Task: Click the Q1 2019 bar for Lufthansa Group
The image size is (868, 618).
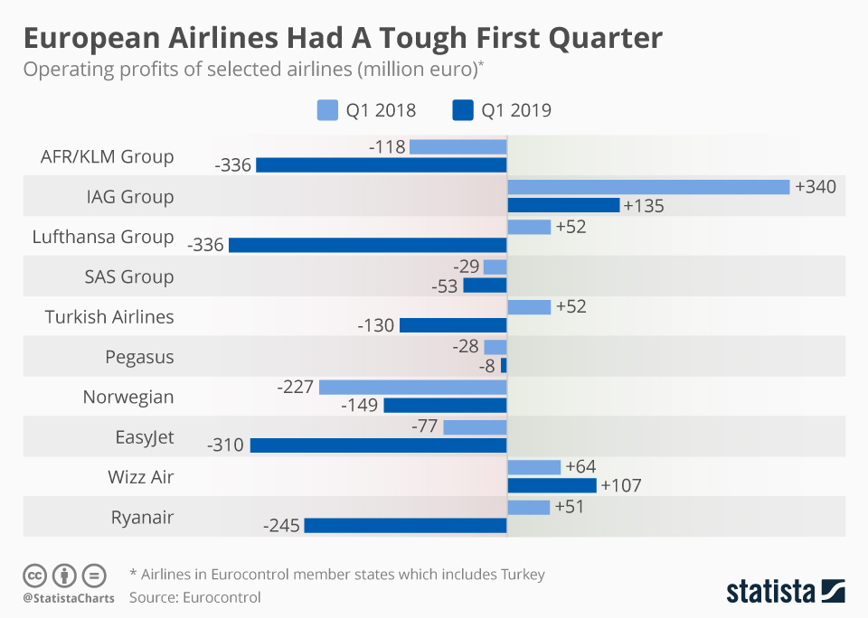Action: [368, 245]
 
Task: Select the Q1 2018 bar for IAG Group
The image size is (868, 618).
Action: [649, 186]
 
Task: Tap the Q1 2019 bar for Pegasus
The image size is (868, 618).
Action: [504, 365]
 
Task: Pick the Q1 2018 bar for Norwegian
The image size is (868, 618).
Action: [413, 387]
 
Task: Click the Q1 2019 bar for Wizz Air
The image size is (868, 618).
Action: [552, 485]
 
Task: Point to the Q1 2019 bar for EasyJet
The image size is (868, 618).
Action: [379, 445]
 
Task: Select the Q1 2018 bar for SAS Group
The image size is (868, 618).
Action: [495, 267]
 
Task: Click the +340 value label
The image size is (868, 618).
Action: [816, 186]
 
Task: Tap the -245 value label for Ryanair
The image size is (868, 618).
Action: [281, 526]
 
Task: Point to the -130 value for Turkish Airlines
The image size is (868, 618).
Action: [376, 325]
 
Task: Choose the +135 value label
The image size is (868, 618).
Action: [644, 206]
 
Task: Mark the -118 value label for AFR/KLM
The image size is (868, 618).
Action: [387, 146]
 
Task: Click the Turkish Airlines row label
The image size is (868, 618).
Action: [109, 317]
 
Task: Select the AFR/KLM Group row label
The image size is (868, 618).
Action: [107, 156]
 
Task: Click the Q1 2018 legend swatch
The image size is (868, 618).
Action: [327, 111]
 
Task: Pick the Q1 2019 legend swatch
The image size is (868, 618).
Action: [463, 111]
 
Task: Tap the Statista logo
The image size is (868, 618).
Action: [785, 591]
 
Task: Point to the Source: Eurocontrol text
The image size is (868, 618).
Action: [194, 597]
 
